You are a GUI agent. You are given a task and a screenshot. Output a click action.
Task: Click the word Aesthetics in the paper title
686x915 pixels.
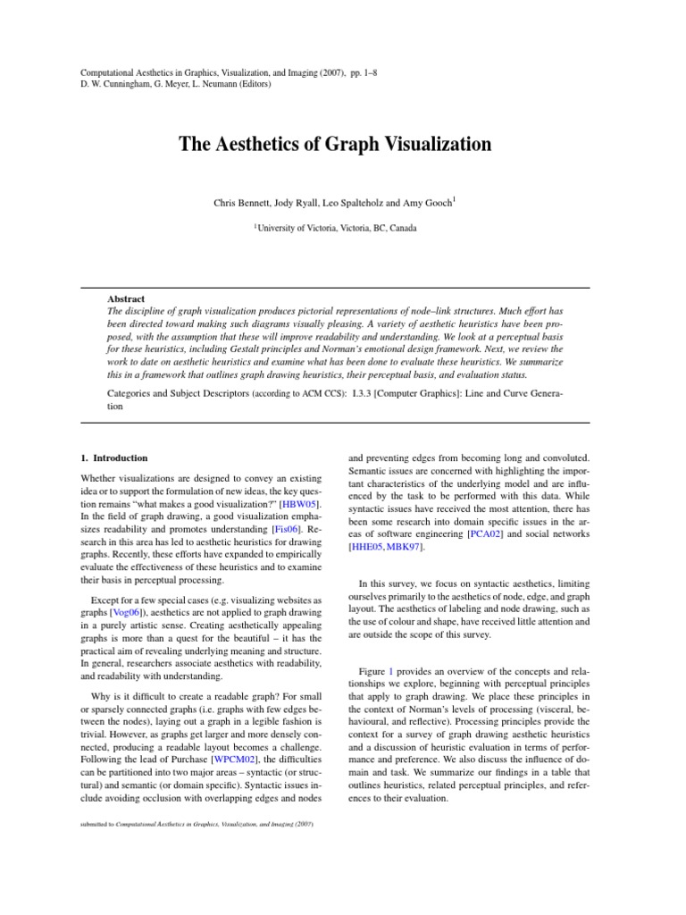[x=255, y=144]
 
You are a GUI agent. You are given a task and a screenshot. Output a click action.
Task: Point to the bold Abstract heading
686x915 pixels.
[x=127, y=298]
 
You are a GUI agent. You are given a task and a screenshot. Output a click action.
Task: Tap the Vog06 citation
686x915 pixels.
[x=125, y=612]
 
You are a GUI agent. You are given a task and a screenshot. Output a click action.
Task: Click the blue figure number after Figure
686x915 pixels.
[x=389, y=670]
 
